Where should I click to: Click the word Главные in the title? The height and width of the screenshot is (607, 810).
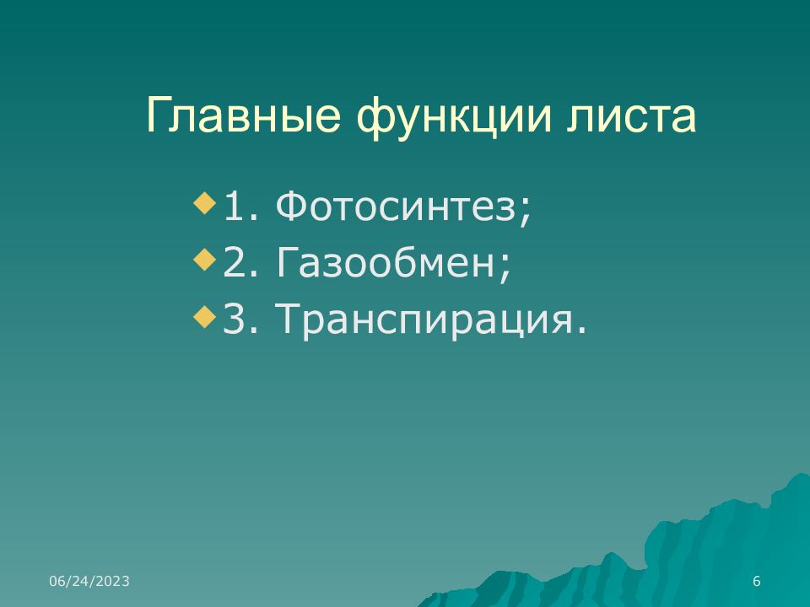click(x=243, y=115)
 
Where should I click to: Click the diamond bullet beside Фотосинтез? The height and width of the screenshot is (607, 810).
click(x=204, y=203)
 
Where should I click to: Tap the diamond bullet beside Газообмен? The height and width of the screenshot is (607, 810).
click(x=204, y=260)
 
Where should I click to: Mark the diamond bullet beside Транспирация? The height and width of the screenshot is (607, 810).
click(x=204, y=317)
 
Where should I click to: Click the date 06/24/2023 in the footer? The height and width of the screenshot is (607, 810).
click(x=89, y=581)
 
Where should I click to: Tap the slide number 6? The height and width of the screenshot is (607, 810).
click(x=756, y=581)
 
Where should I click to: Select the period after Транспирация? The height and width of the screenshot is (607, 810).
click(x=583, y=330)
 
